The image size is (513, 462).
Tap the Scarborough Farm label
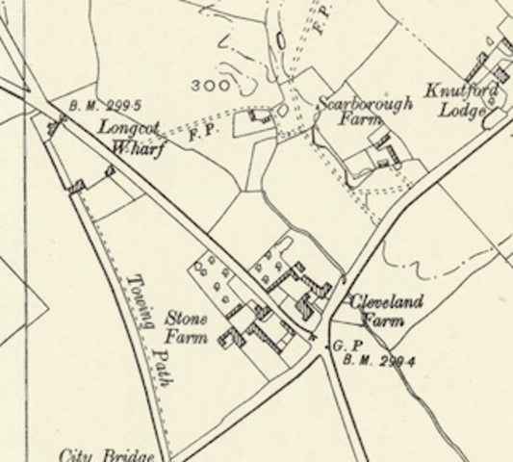(x=364, y=112)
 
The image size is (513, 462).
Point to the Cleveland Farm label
(x=385, y=310)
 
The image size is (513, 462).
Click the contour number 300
(x=210, y=86)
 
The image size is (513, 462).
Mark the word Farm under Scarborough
(x=366, y=121)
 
